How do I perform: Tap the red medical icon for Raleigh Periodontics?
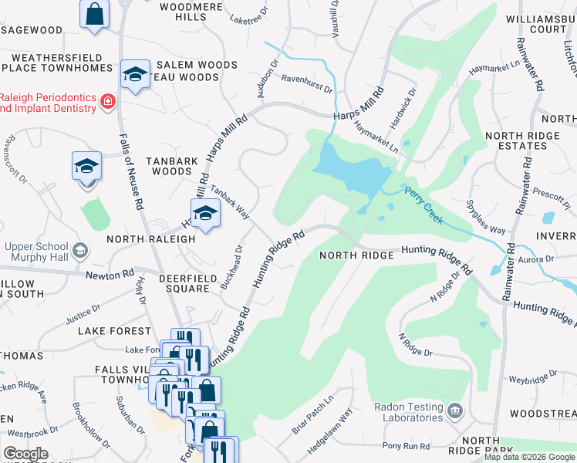click(x=108, y=101)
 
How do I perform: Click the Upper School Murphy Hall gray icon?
click(x=80, y=250)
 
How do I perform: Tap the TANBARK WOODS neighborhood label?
click(x=168, y=166)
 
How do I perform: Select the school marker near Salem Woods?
click(x=135, y=74)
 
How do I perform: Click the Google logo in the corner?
click(x=25, y=454)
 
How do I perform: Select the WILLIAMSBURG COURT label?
click(x=537, y=23)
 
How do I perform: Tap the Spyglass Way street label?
click(x=486, y=218)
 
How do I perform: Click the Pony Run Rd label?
click(x=406, y=446)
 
